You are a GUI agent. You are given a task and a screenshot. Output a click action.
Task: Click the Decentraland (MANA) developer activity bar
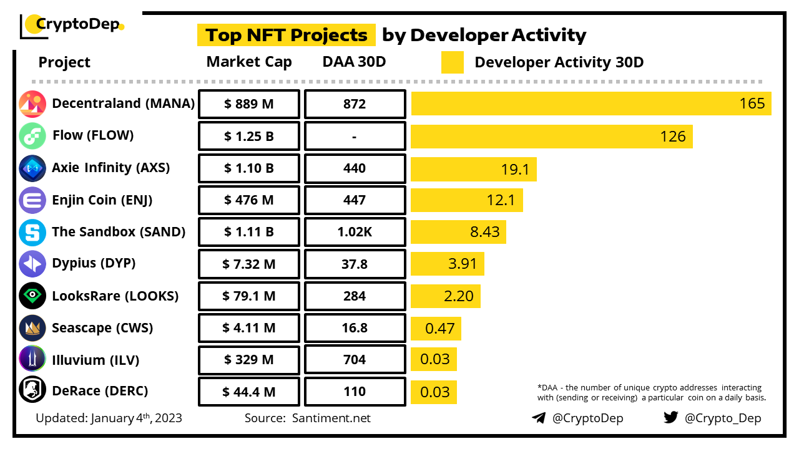pos(591,104)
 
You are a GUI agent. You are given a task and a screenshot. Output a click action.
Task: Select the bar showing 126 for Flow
pos(551,136)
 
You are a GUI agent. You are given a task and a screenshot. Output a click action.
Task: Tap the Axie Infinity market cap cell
pos(249,168)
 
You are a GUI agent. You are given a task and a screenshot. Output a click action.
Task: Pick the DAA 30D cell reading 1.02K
pos(355,232)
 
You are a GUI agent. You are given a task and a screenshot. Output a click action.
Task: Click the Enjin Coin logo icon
pos(32,200)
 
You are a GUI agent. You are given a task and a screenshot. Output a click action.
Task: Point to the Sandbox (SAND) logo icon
pos(32,233)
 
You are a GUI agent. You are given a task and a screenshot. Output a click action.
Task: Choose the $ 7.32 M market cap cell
pos(249,264)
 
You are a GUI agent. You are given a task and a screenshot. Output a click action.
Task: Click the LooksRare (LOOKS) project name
pos(115,296)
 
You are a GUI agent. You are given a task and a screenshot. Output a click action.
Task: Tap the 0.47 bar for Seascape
pos(436,328)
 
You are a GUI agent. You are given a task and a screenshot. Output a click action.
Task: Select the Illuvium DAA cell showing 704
pos(355,360)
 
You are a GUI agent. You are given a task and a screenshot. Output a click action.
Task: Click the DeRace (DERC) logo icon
pos(32,392)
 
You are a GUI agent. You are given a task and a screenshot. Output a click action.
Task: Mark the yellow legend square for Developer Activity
pos(453,62)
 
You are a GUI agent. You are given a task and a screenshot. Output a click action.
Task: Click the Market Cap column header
pos(249,62)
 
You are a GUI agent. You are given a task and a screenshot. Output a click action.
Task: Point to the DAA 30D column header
pos(354,62)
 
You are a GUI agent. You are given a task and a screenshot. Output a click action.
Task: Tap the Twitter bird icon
pos(671,417)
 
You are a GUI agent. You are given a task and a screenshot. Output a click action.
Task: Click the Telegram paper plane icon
pos(539,418)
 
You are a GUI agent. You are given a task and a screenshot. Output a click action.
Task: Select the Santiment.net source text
pos(331,418)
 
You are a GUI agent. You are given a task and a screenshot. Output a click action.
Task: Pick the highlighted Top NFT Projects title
pos(287,35)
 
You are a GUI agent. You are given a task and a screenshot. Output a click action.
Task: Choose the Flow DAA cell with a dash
pos(355,137)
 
